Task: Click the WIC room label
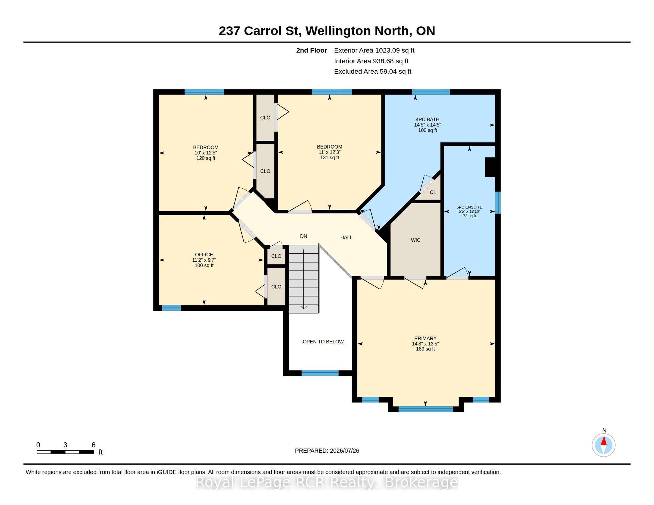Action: [x=416, y=240]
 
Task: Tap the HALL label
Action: [x=346, y=237]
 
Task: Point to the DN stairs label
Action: [x=304, y=236]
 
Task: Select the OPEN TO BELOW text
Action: [x=323, y=342]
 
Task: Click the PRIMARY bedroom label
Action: [x=425, y=338]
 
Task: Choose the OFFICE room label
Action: [x=204, y=255]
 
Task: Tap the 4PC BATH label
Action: [x=427, y=119]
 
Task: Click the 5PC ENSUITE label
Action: [x=469, y=207]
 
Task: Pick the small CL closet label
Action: [x=433, y=192]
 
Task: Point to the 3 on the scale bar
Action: [x=65, y=445]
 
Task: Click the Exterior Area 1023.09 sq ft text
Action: [x=374, y=50]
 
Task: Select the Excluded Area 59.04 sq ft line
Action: [x=373, y=72]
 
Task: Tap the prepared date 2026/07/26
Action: [x=344, y=451]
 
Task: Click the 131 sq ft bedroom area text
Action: [x=329, y=157]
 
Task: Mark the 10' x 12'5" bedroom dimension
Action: [x=206, y=153]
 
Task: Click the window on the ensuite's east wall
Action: [x=497, y=203]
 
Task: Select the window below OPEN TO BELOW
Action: [x=320, y=373]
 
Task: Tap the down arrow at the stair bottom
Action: [x=304, y=307]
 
